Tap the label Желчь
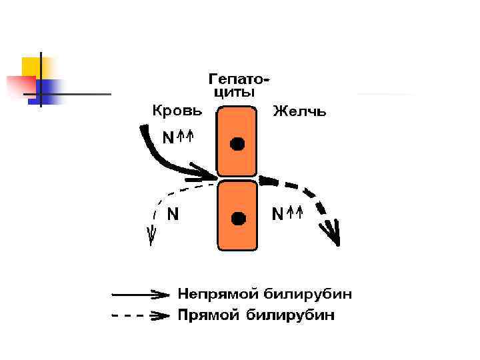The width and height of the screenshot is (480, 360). click(299, 111)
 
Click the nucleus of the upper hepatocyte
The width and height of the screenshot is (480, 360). click(237, 143)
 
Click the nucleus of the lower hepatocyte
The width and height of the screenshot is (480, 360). click(237, 217)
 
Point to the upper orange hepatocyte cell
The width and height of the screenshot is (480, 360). click(237, 130)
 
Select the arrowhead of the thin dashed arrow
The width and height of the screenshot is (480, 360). click(152, 235)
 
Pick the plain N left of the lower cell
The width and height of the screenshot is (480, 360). click(173, 214)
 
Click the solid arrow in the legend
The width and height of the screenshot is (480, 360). click(139, 293)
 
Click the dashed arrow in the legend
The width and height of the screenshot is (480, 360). click(139, 315)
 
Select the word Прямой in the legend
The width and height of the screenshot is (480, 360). click(207, 315)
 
